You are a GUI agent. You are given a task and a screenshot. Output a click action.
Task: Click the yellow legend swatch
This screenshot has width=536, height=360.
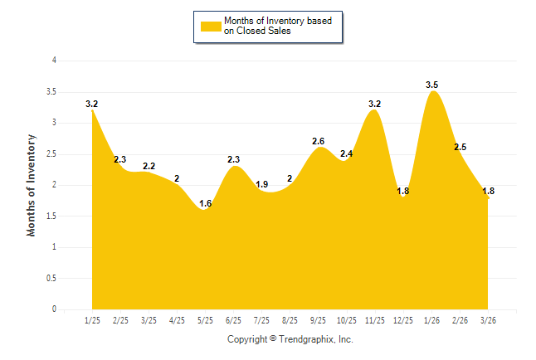tap(211, 26)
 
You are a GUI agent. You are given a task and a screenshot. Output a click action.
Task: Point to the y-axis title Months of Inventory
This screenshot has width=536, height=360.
tap(32, 185)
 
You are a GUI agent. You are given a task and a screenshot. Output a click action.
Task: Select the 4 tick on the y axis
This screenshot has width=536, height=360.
tap(54, 61)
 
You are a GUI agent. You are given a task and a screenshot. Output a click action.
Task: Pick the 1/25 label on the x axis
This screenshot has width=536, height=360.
tap(92, 319)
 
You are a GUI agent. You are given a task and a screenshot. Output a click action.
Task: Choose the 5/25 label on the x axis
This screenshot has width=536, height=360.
tap(205, 319)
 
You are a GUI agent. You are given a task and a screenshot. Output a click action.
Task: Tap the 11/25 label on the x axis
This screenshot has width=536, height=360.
tap(374, 319)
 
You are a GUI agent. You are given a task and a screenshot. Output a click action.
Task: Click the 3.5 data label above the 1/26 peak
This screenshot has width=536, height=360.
tap(431, 85)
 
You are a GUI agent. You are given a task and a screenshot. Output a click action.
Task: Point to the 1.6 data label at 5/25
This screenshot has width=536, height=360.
tap(205, 203)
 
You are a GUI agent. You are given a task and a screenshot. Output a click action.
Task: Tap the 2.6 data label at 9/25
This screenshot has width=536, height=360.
tap(318, 141)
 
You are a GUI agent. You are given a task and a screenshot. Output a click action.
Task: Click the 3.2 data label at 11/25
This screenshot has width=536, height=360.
tap(374, 104)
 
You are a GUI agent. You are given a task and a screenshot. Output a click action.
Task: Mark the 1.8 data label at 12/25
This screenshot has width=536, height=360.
tap(402, 191)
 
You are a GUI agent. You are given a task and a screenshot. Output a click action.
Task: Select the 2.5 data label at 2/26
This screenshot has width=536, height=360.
tap(460, 147)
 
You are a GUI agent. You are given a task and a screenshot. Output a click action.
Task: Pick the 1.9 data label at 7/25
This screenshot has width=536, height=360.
tap(261, 184)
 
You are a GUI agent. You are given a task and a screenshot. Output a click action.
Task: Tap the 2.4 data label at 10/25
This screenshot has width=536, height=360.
tap(346, 153)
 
